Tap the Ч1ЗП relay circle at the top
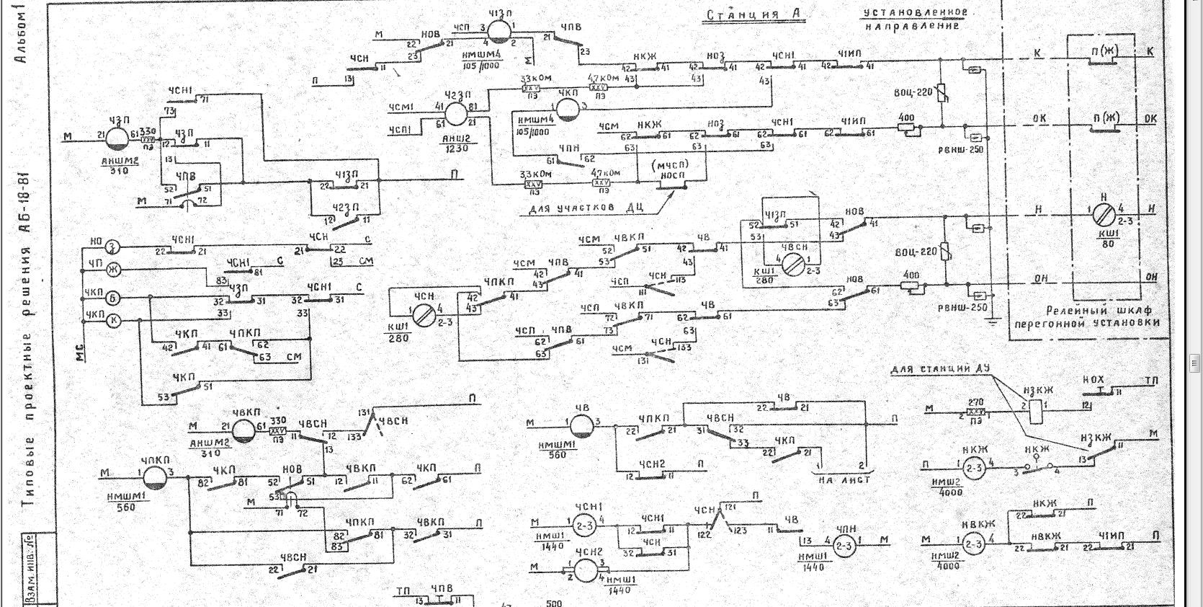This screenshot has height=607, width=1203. click(498, 31)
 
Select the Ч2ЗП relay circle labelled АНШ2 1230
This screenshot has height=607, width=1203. click(455, 114)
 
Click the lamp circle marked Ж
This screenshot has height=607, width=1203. click(112, 270)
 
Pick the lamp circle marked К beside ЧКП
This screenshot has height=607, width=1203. click(113, 322)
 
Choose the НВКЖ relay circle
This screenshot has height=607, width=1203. click(973, 544)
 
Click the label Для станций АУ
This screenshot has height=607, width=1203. click(939, 369)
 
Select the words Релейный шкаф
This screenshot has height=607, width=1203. click(1087, 310)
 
